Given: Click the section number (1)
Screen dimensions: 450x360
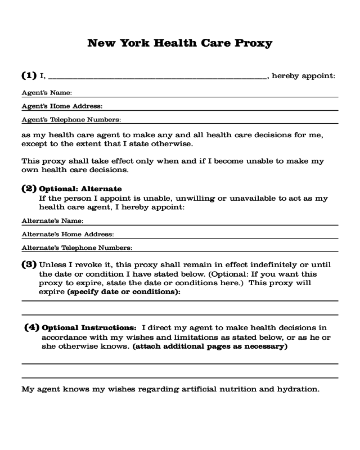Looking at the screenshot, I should click(29, 75).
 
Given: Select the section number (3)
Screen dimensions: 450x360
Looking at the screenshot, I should click(29, 264).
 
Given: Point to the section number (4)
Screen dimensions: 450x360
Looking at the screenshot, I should click(32, 327).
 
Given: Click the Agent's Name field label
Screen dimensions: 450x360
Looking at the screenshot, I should click(46, 92).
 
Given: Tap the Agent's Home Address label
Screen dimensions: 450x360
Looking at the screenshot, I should click(62, 106).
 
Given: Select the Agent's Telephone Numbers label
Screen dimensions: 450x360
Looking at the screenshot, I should click(71, 119).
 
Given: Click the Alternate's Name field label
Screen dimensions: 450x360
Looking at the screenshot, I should click(52, 220).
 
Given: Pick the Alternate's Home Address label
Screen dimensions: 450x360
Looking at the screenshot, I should click(67, 234).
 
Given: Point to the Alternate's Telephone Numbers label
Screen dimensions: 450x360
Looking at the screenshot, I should click(76, 247).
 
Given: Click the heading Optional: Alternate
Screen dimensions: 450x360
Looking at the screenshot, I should click(80, 188).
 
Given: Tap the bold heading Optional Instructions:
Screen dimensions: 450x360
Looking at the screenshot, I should click(89, 327).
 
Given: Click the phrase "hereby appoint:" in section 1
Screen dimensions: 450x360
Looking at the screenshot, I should click(304, 75).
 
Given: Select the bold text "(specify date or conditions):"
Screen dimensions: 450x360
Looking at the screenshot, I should click(123, 293).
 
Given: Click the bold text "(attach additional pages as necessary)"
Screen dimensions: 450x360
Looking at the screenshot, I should click(210, 346).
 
